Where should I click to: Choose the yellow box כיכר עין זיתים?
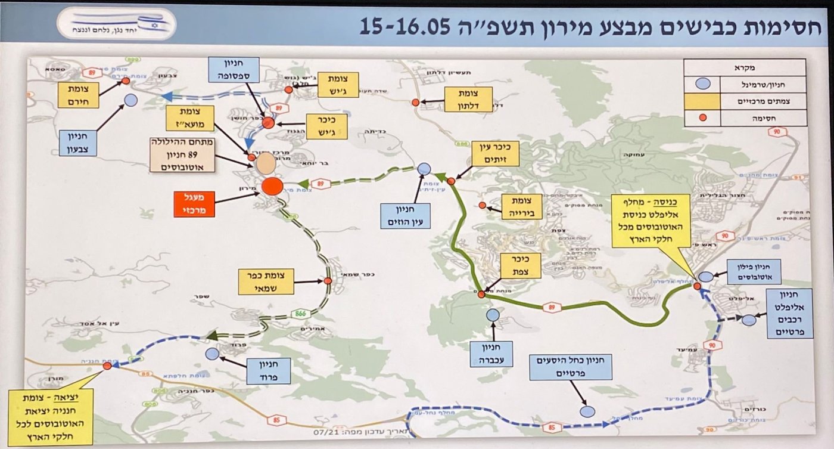point(495,153)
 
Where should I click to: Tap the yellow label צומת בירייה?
point(522,205)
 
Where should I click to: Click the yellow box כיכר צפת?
point(521,266)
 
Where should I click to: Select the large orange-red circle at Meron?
point(271,185)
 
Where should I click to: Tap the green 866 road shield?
point(300,312)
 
